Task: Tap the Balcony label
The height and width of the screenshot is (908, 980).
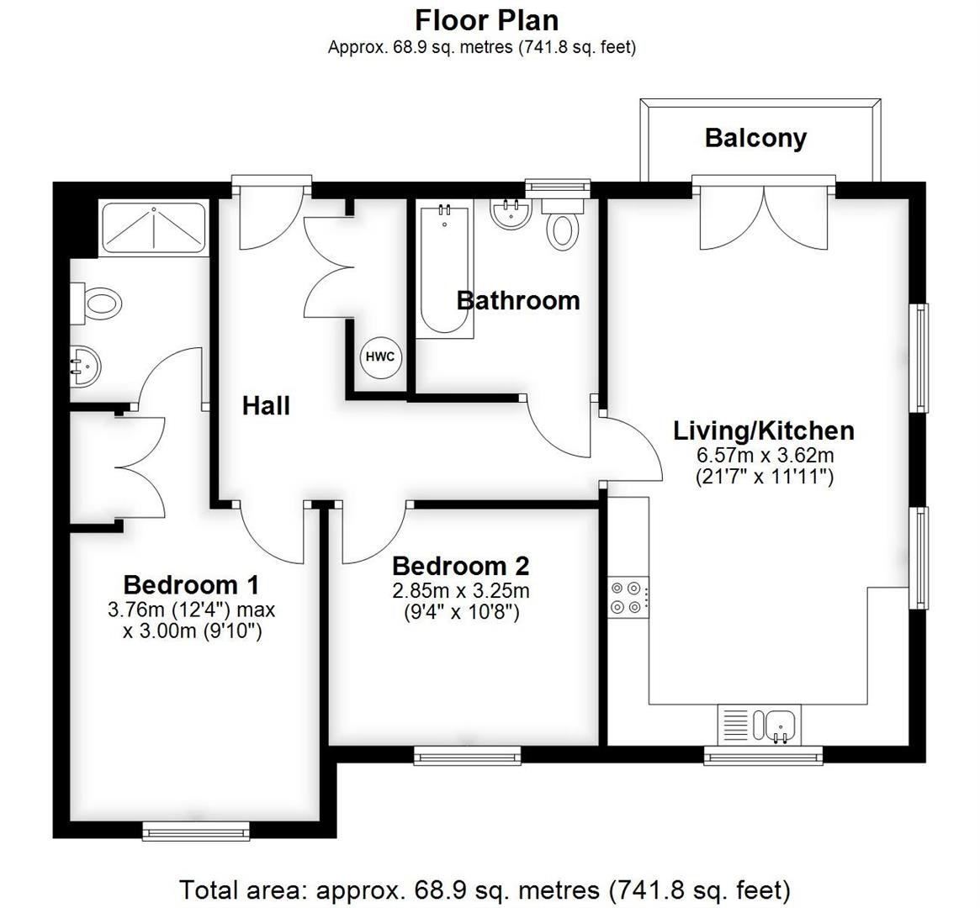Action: point(755,138)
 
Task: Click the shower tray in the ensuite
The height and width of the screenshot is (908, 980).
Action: point(153,228)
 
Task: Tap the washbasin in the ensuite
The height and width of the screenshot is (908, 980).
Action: point(85,366)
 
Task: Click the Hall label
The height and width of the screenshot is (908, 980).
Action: point(266,406)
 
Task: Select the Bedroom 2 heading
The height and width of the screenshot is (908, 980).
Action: point(460,566)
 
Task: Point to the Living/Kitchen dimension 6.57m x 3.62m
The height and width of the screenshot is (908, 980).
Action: point(764,456)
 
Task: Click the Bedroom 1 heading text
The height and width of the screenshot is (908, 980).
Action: point(191,584)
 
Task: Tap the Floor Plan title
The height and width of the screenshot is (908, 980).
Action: point(486,18)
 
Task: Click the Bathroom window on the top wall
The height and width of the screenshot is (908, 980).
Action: point(556,186)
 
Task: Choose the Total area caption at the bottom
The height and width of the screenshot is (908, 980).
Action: point(485,889)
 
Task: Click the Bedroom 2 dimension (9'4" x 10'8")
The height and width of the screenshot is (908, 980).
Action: point(460,612)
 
